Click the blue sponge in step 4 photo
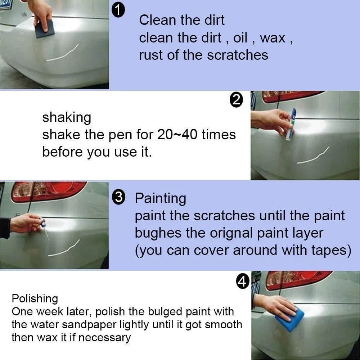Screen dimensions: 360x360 289,319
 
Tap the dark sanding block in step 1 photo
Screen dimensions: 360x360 45,29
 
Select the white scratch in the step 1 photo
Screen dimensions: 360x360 63,54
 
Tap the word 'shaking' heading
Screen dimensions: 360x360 67,118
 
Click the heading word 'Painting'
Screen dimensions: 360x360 160,198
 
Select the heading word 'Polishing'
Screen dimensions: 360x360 35,298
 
